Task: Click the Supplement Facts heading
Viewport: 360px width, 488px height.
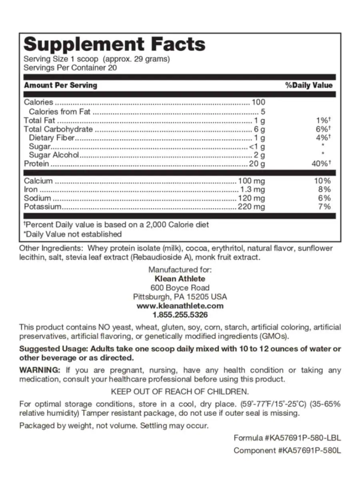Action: point(114,44)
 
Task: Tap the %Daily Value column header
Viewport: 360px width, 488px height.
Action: point(308,85)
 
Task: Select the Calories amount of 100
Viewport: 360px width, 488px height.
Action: point(258,102)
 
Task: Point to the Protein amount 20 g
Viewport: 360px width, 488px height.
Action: point(256,164)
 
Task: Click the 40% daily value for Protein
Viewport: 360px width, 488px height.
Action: point(322,164)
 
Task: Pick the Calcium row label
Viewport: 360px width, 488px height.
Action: point(38,181)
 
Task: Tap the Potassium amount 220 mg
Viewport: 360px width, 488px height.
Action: point(251,207)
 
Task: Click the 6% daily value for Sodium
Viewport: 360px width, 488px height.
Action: point(324,198)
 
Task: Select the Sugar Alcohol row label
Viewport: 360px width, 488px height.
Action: point(54,155)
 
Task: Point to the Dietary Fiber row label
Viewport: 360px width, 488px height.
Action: point(52,138)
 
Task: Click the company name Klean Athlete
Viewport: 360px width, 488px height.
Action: point(180,279)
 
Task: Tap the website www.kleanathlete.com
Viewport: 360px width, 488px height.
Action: point(180,306)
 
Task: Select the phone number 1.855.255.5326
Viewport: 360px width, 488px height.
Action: point(180,315)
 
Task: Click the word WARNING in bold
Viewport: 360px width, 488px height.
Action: point(40,370)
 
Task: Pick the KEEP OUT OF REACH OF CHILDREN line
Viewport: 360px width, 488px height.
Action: point(180,391)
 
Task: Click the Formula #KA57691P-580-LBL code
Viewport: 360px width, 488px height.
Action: point(287,438)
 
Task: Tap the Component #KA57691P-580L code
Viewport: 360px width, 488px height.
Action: point(287,451)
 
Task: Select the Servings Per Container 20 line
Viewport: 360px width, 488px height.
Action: point(70,68)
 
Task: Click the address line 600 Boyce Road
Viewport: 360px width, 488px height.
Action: point(180,288)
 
